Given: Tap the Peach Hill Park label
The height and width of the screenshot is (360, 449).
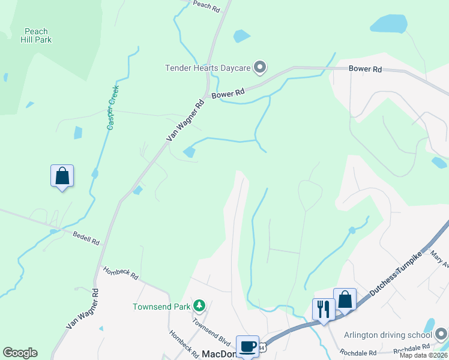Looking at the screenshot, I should pos(37,35).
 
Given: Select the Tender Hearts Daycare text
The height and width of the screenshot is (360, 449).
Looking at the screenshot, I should pos(208,67).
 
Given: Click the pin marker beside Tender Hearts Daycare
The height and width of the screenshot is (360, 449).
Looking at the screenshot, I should pos(260,67).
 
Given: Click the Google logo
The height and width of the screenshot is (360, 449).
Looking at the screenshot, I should pos(20,352).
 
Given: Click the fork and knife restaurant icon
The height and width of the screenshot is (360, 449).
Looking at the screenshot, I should pos(324,309).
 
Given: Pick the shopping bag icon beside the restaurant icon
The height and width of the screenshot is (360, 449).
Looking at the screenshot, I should pos(345,299).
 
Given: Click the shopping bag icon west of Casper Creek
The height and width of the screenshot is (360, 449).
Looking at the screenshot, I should pos(62,176).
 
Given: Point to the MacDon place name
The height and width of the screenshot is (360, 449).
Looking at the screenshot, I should pos(218,354).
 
